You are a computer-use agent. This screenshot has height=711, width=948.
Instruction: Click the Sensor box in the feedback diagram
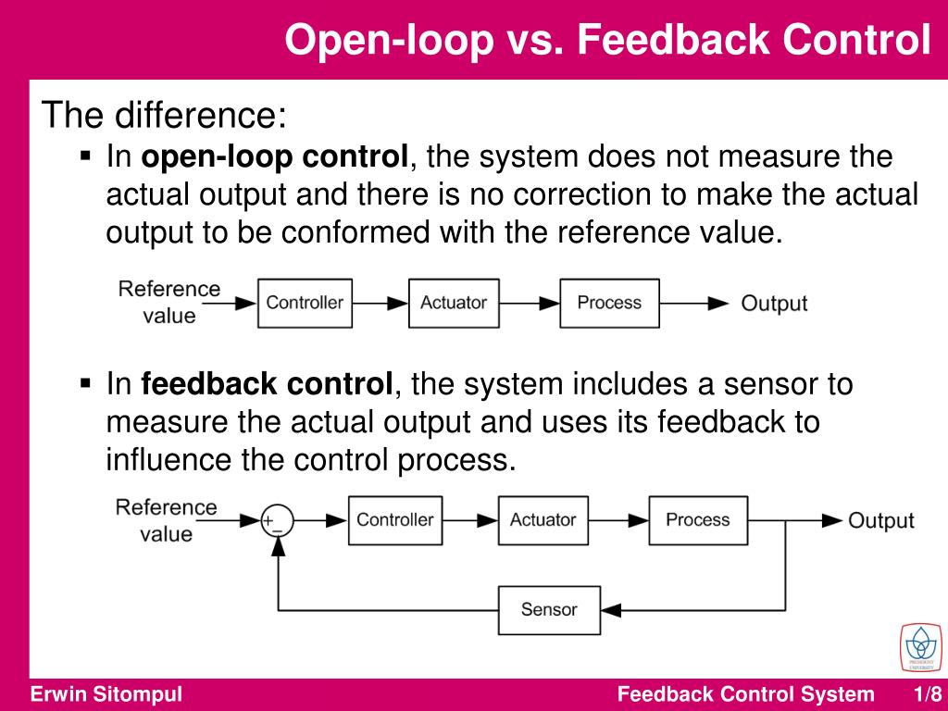tap(549, 609)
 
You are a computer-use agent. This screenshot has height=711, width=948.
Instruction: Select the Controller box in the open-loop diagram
tap(305, 303)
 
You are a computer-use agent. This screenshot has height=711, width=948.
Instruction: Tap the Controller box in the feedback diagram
tap(395, 520)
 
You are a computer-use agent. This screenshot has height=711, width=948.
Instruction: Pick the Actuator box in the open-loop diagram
tap(454, 303)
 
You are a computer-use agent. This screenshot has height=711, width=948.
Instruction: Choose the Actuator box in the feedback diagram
tap(543, 520)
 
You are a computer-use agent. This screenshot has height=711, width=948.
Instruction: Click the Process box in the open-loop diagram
tap(609, 303)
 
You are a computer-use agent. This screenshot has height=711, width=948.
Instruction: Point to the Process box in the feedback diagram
tap(698, 520)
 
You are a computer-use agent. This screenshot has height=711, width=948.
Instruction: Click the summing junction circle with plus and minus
tap(276, 521)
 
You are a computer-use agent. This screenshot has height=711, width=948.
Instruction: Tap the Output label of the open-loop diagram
tap(774, 304)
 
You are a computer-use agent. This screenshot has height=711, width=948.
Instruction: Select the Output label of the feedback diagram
tap(880, 521)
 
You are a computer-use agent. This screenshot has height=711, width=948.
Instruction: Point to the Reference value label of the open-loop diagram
tap(169, 302)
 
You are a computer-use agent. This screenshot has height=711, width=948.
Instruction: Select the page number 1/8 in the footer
tap(927, 695)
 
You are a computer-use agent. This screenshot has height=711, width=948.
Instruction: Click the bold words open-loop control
tap(275, 157)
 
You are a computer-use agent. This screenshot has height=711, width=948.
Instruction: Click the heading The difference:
tap(166, 117)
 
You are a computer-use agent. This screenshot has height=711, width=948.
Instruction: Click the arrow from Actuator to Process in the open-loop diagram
tap(529, 303)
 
